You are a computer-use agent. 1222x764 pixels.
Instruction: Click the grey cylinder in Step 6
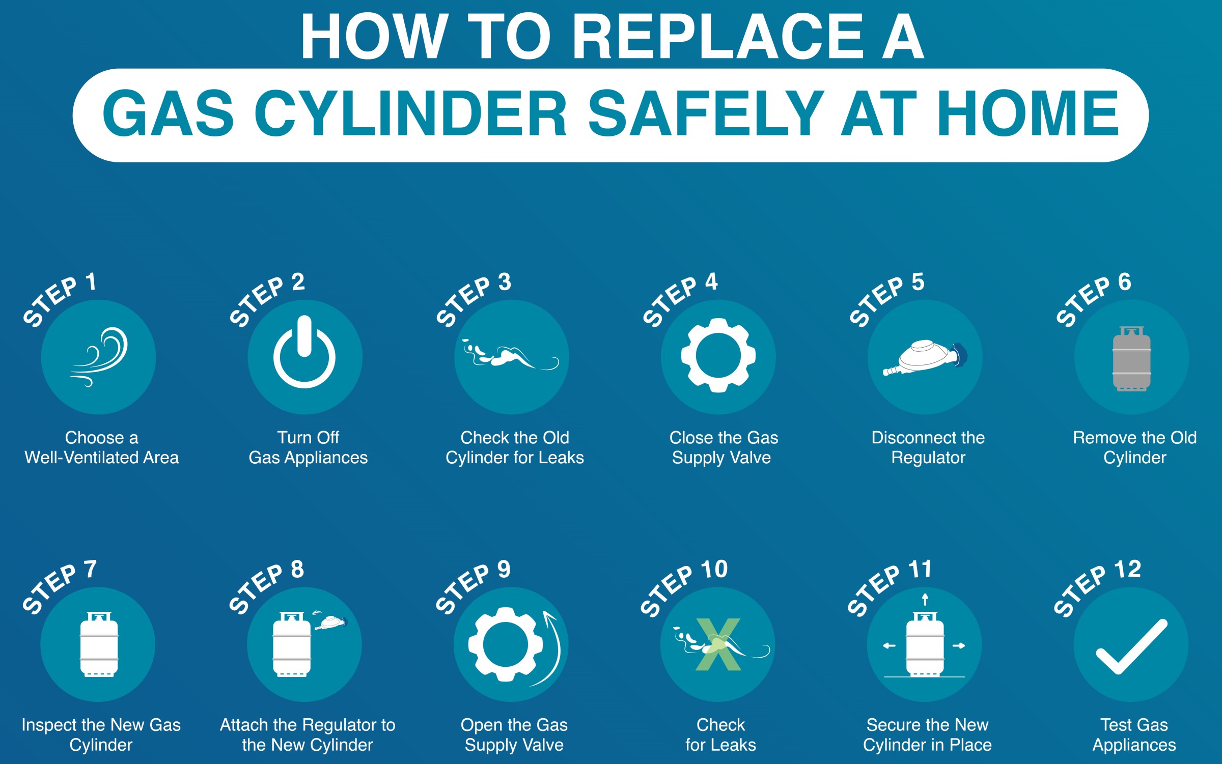[1132, 359]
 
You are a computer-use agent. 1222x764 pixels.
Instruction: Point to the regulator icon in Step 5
[924, 358]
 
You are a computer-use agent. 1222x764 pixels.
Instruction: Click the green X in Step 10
[718, 644]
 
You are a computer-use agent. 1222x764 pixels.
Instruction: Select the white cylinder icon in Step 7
[99, 644]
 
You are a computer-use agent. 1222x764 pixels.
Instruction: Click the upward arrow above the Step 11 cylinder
[925, 600]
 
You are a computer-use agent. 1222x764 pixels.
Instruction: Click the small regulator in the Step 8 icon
[331, 623]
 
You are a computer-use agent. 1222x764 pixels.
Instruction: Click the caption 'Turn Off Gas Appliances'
[308, 447]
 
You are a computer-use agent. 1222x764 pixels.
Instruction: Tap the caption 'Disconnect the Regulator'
[928, 447]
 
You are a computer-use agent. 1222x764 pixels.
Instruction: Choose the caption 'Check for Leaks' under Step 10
[720, 734]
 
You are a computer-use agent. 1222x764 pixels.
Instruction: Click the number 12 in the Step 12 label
[1127, 569]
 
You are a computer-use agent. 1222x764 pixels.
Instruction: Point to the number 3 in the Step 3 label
[505, 282]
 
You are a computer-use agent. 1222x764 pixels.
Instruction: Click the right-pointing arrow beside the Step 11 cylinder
[959, 646]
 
